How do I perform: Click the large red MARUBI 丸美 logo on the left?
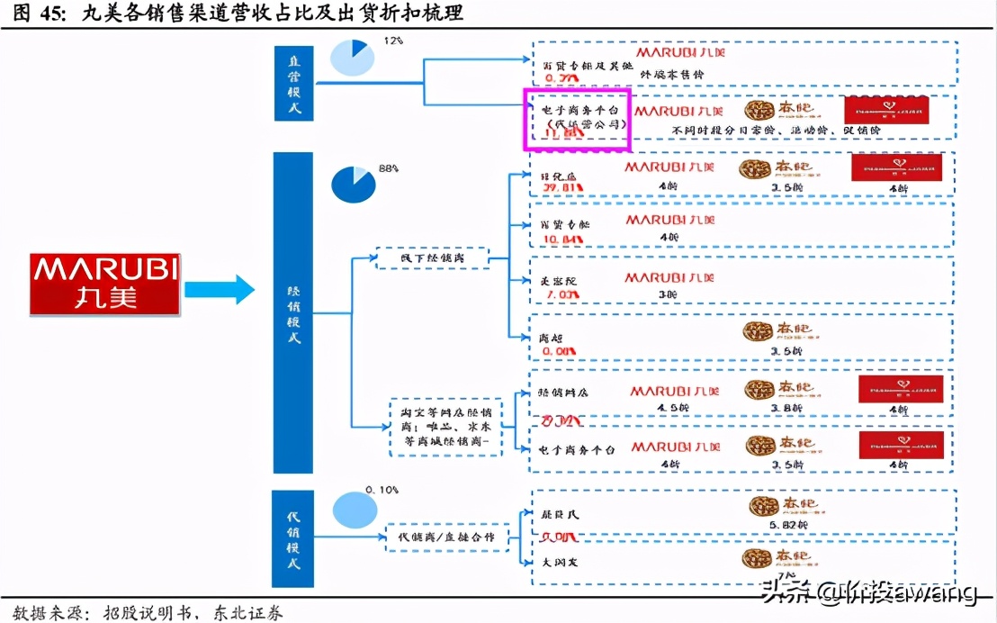click(x=104, y=284)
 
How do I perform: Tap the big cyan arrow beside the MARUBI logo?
click(x=220, y=289)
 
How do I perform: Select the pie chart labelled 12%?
click(x=353, y=58)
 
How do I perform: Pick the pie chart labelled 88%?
click(x=354, y=185)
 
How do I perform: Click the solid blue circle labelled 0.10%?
click(x=355, y=510)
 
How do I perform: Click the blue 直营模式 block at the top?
click(x=293, y=82)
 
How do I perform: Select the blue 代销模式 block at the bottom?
click(x=293, y=538)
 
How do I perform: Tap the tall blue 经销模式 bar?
click(x=293, y=312)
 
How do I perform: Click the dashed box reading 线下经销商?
click(x=431, y=258)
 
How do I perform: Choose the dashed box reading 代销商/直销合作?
click(x=446, y=537)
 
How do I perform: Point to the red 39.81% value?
click(x=561, y=187)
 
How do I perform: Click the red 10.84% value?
click(x=561, y=240)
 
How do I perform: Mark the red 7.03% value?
click(x=559, y=293)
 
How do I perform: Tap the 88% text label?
click(x=388, y=167)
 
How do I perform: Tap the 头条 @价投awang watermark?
click(x=869, y=591)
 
